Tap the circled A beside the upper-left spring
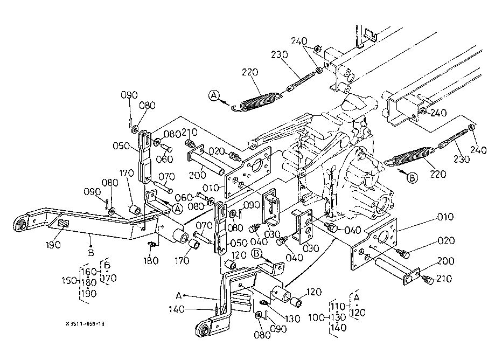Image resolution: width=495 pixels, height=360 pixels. (x=214, y=96)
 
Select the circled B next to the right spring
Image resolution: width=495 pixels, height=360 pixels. (x=411, y=178)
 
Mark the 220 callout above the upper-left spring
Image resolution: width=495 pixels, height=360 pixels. (x=250, y=73)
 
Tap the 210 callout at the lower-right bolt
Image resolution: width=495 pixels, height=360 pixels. (x=445, y=279)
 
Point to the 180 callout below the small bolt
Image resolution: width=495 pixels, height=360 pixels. (x=151, y=261)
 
